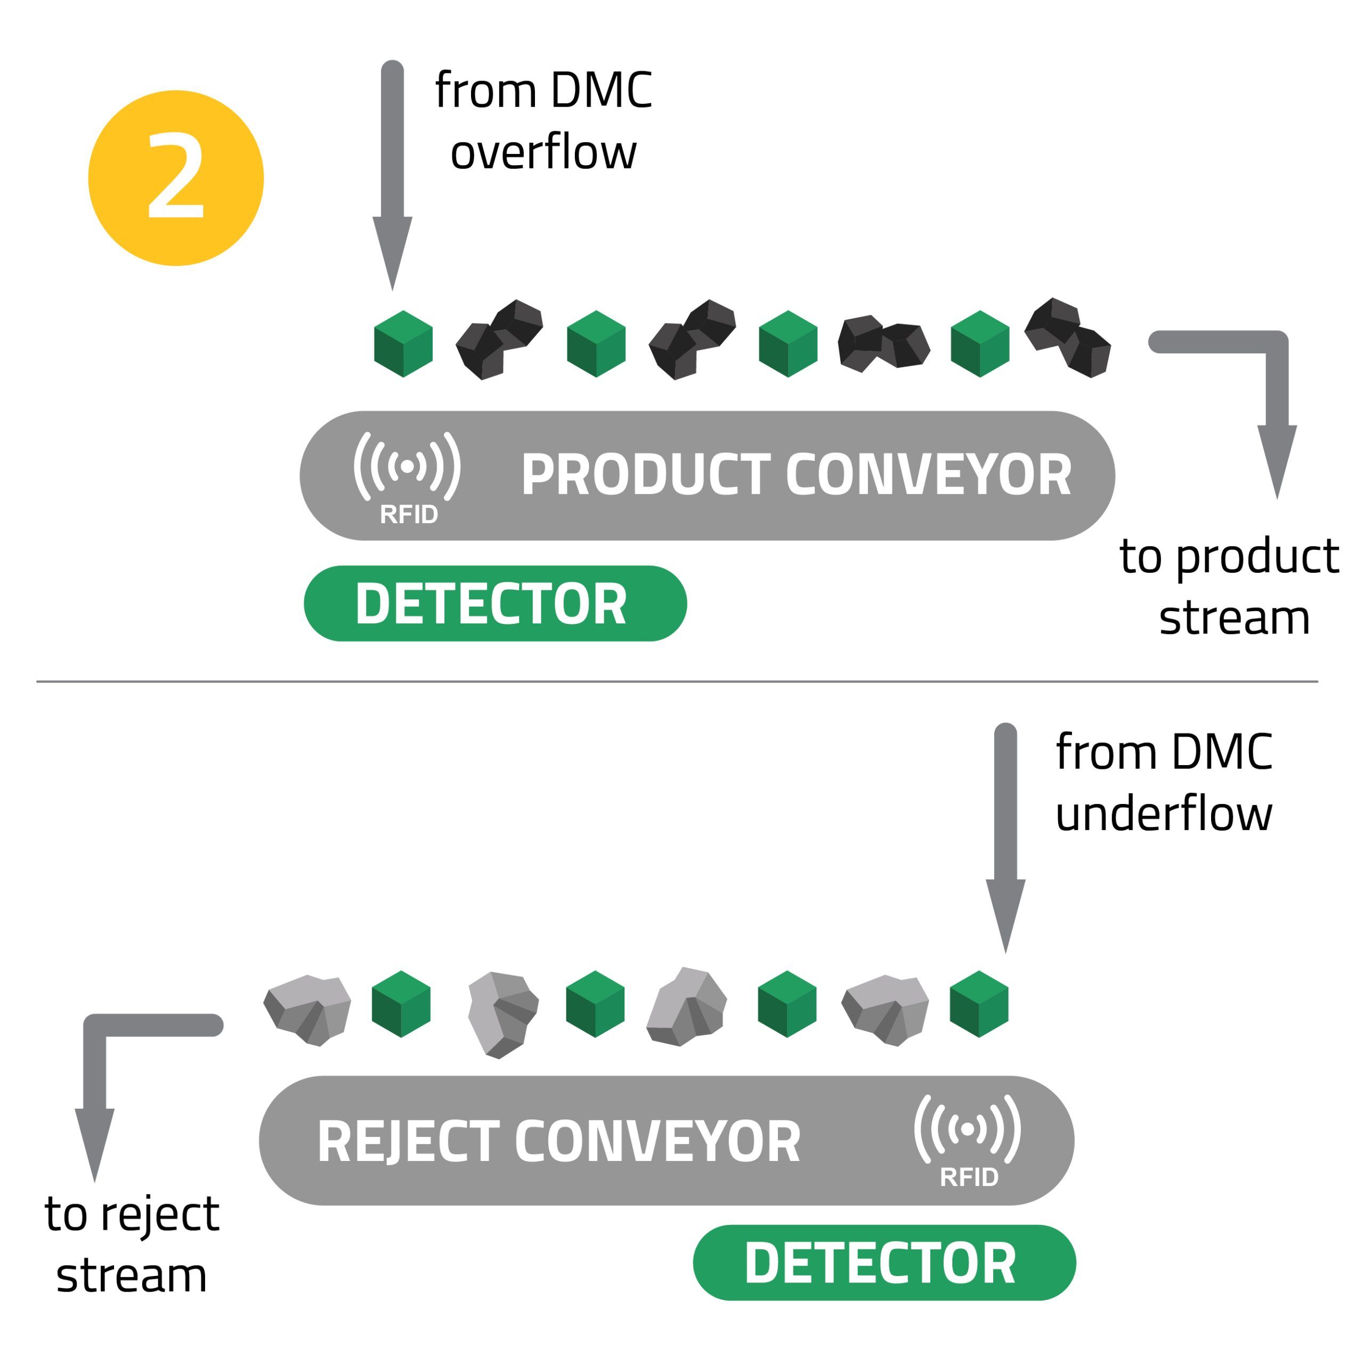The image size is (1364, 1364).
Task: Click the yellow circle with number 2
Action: coord(176,178)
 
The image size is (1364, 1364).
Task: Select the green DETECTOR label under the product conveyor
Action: coord(495,604)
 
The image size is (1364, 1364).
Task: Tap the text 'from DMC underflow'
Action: coord(1164,782)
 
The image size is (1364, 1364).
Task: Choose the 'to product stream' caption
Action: coord(1229,587)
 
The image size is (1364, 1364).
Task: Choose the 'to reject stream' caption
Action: coord(132,1245)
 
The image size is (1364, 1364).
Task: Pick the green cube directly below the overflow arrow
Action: coord(403,344)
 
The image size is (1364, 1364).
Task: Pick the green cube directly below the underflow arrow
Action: coord(979,1004)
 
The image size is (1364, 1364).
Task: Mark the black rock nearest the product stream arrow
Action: coord(1067,337)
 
